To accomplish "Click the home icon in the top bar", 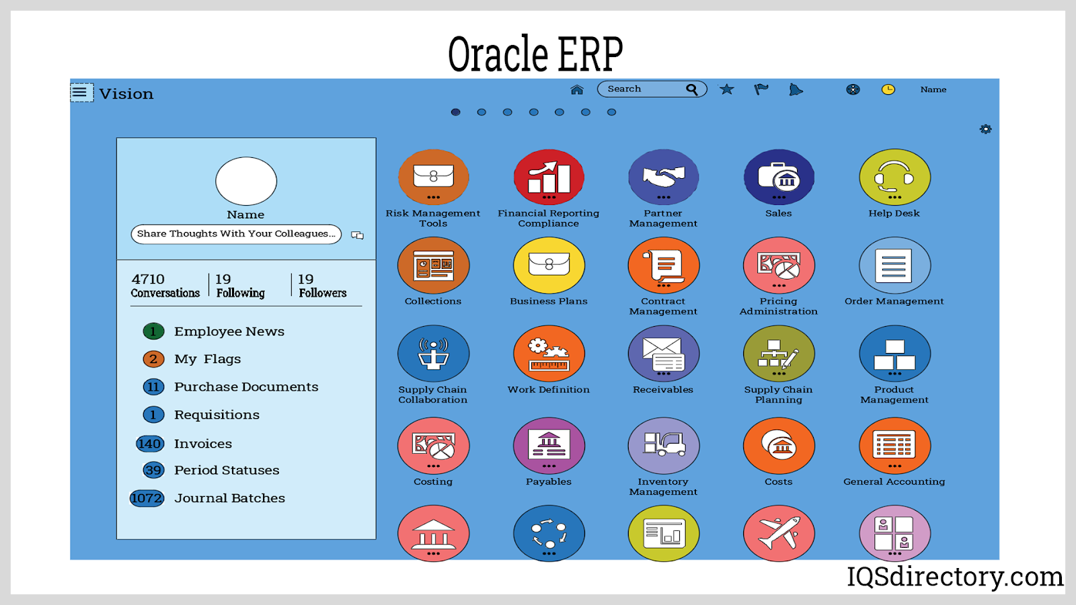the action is click(576, 90).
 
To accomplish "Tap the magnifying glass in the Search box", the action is click(692, 89).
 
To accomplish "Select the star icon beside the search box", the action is click(726, 89).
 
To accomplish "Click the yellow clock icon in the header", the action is click(888, 89).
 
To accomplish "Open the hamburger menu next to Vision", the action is click(81, 92).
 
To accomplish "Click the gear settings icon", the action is click(985, 128).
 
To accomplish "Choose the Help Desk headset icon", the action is click(894, 177).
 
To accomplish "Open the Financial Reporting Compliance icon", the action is click(549, 177).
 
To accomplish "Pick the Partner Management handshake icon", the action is click(663, 177).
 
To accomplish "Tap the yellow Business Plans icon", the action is click(549, 265).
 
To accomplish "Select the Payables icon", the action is click(549, 446).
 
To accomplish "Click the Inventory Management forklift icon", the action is click(663, 446).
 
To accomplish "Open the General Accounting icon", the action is click(894, 446).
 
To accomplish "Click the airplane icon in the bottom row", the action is click(779, 533).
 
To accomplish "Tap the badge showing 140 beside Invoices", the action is click(150, 444).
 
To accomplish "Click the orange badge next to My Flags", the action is click(153, 359).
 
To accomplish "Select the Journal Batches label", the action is click(229, 498).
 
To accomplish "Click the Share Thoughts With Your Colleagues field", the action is click(236, 234).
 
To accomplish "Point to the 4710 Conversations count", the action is click(165, 286).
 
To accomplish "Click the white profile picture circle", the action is click(246, 181).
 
